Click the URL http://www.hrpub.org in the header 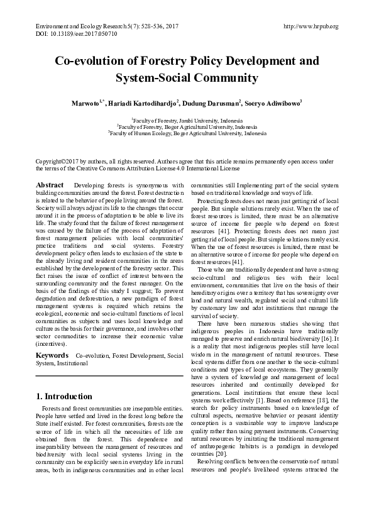pyautogui.click(x=311, y=26)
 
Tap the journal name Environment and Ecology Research pyautogui.click(x=77, y=26)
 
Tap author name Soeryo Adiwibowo pyautogui.click(x=274, y=102)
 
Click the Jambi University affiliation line pyautogui.click(x=187, y=119)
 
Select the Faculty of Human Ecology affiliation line pyautogui.click(x=187, y=133)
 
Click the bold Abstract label pyautogui.click(x=50, y=185)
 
